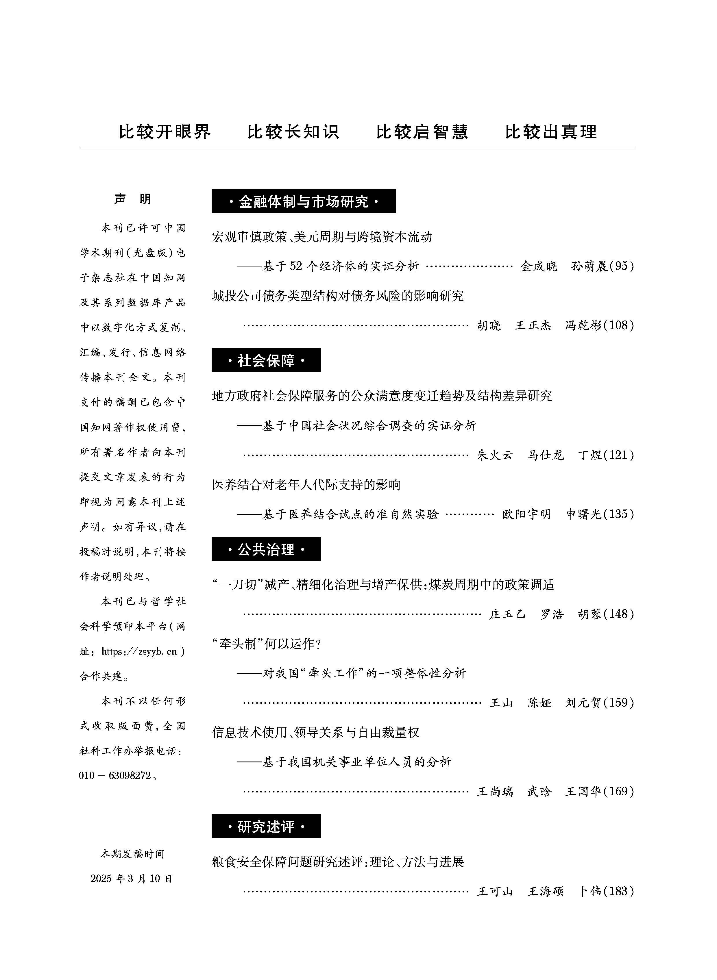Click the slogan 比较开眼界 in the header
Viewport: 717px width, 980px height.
[x=165, y=132]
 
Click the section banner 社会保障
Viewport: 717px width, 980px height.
[x=266, y=360]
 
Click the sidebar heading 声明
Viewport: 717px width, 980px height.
[x=133, y=199]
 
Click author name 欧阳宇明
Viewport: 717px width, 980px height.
[x=526, y=514]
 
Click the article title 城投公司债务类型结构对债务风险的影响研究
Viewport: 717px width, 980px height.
[x=338, y=296]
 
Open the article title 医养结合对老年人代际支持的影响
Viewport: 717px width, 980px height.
[x=306, y=485]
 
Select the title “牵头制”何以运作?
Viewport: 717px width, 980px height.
[x=267, y=644]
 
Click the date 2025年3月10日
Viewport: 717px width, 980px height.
[x=132, y=879]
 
